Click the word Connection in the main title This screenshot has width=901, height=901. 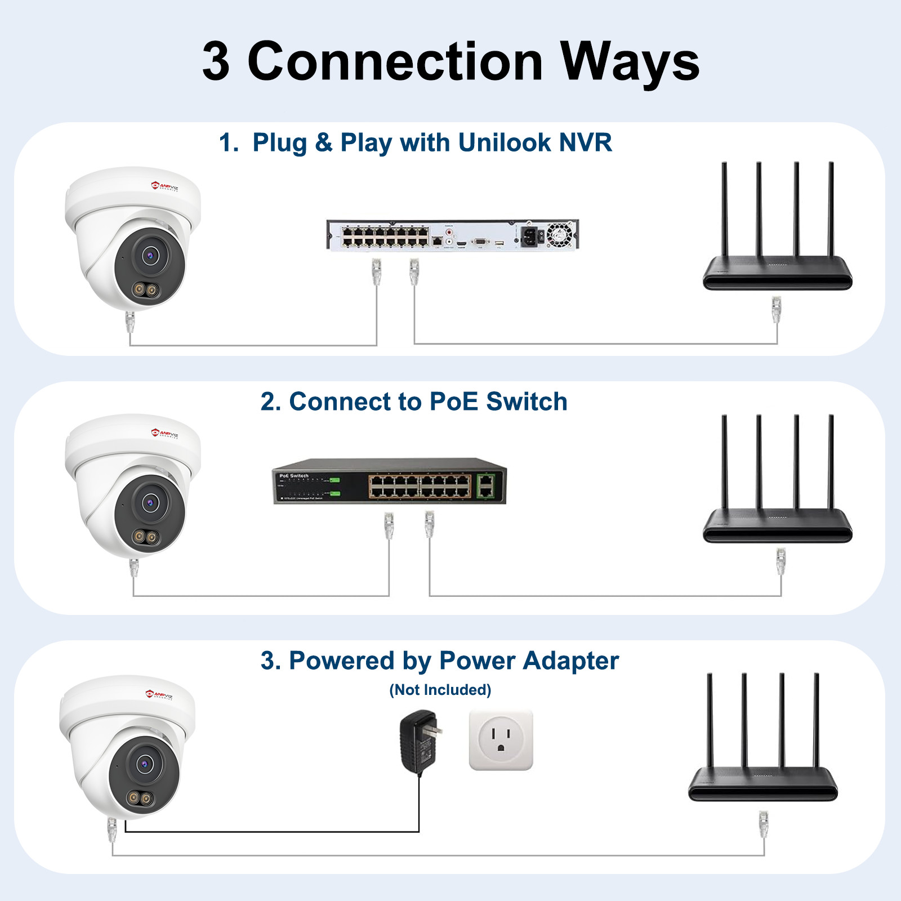(395, 62)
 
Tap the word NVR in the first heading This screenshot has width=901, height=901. (585, 142)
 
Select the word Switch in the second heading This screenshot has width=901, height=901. (527, 402)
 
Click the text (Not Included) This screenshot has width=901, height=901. (440, 690)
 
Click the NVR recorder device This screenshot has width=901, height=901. (452, 235)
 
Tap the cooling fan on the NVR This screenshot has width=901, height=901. (559, 234)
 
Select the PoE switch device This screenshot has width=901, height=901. (389, 481)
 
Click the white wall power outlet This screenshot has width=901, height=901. (501, 740)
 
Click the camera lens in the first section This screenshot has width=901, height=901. (150, 256)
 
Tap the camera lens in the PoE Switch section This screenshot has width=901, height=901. (150, 502)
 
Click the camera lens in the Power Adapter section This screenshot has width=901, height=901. (145, 764)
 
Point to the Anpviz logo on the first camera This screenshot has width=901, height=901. (164, 186)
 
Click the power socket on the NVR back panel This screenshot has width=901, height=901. (530, 235)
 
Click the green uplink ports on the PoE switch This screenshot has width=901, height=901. (485, 485)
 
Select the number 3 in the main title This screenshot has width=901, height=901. (216, 62)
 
